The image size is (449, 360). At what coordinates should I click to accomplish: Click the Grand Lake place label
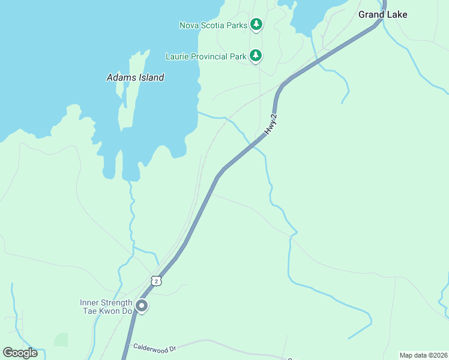pos(383,14)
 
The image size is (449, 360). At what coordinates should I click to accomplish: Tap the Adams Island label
pos(135,77)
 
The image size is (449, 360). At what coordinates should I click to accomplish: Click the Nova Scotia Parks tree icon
pos(256,25)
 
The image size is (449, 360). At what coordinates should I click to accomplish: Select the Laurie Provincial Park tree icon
pos(256,56)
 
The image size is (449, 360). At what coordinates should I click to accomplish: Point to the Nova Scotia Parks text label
pos(213,25)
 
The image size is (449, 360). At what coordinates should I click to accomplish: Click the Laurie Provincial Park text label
pos(206,56)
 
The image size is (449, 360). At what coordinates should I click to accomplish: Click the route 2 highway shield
pos(156,281)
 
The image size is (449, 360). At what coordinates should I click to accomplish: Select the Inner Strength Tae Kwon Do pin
pos(142,307)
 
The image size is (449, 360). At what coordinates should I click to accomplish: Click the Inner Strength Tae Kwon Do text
pos(106,307)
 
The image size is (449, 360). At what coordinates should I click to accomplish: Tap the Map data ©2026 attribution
pos(424,355)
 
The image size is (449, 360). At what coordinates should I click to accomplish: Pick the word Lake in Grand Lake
pos(397,14)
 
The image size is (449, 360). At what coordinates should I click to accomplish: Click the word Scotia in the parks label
pos(214,25)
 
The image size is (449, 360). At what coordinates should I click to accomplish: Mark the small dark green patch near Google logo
pos(61,340)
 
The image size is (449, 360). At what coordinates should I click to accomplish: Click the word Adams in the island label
pos(119,77)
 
